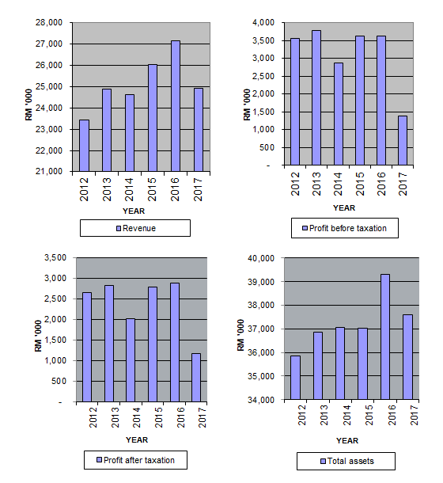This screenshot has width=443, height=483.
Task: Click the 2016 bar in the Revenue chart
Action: (176, 106)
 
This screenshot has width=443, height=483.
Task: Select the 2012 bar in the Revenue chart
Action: (84, 146)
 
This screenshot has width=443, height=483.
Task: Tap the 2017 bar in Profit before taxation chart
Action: (403, 140)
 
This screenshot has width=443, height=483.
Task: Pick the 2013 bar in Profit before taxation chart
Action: (316, 97)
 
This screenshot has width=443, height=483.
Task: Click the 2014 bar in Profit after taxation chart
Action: (131, 360)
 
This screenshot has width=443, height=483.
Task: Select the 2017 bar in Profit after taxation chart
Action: (196, 378)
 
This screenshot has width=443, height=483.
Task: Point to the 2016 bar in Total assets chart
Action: (385, 337)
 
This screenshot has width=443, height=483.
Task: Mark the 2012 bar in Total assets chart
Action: (295, 378)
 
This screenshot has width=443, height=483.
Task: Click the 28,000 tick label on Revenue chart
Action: (49, 22)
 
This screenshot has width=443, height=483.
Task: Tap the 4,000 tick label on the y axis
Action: (263, 22)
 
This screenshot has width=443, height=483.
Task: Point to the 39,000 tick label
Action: (261, 282)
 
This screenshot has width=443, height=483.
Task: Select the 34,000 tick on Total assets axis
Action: (261, 400)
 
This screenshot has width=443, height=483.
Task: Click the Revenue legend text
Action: (139, 228)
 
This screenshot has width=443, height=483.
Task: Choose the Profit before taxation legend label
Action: (348, 228)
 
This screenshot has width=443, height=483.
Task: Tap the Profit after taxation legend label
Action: (139, 460)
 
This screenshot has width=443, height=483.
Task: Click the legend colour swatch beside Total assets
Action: (323, 461)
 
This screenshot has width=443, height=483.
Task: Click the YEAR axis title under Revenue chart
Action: (134, 211)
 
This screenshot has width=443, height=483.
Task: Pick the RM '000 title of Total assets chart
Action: (240, 335)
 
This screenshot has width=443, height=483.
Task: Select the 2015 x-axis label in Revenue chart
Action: (152, 189)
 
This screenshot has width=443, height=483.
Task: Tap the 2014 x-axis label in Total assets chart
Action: (347, 415)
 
